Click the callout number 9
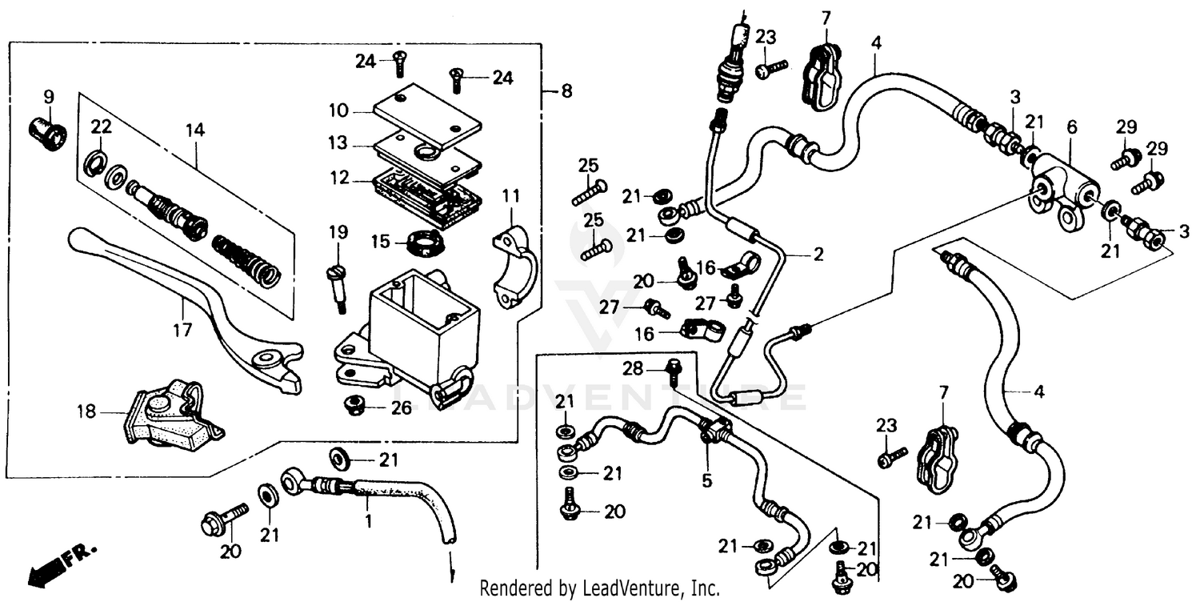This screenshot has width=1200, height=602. (49, 97)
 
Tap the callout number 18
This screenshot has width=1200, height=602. (86, 412)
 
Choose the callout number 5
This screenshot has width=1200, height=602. (707, 482)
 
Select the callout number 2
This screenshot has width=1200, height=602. (818, 255)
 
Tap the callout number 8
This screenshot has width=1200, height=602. (566, 91)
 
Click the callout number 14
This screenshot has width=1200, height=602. (195, 129)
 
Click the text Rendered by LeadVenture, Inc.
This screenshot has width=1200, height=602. (599, 588)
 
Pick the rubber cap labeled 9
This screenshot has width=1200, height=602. (48, 134)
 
